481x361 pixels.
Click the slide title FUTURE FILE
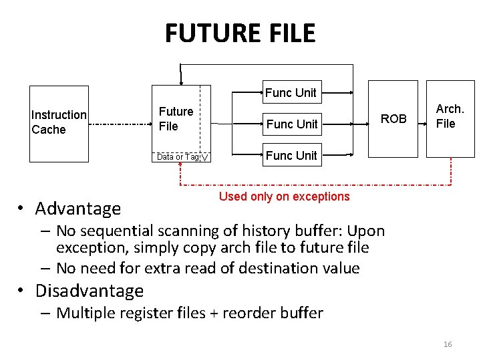(x=240, y=32)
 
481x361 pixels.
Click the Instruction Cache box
(x=59, y=123)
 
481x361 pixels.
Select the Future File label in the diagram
(x=176, y=118)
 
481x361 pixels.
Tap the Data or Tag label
(x=178, y=156)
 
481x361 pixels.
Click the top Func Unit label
(x=291, y=93)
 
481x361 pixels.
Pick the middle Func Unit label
(x=292, y=124)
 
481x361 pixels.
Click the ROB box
(x=393, y=119)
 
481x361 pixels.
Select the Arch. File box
(x=450, y=118)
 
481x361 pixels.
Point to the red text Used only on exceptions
(x=284, y=197)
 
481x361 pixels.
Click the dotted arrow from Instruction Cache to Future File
(x=120, y=124)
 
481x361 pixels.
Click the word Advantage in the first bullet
(x=78, y=209)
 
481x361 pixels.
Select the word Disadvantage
(x=90, y=291)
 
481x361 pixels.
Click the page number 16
(x=448, y=344)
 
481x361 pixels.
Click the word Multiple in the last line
(x=86, y=313)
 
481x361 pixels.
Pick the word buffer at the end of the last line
(x=301, y=313)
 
